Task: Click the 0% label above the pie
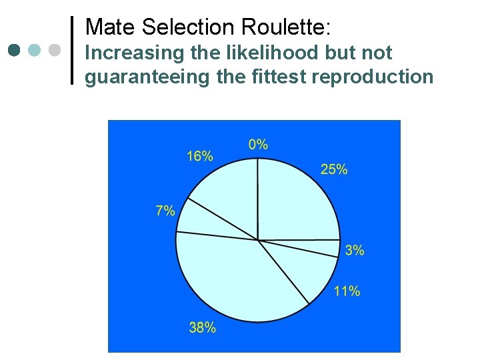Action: (258, 144)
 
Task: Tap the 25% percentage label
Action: (334, 169)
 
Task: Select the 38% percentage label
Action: (202, 327)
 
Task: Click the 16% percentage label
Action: (200, 156)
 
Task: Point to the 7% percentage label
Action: (165, 211)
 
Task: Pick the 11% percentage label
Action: (347, 291)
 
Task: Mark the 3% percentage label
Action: (355, 251)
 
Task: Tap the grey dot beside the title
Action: (55, 50)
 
